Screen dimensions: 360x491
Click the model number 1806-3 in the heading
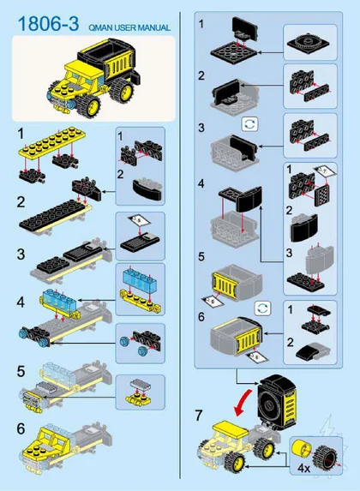click(49, 24)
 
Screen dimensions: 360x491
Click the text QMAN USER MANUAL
click(129, 27)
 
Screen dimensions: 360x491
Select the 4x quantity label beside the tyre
click(303, 468)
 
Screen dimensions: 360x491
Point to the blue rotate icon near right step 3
click(250, 124)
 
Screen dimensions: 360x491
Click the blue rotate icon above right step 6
click(262, 308)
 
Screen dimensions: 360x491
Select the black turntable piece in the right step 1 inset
click(309, 44)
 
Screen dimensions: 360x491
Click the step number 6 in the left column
click(21, 428)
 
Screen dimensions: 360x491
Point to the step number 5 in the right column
click(201, 257)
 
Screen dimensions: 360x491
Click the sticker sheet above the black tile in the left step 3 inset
click(139, 220)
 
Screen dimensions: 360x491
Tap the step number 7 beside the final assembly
click(199, 416)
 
